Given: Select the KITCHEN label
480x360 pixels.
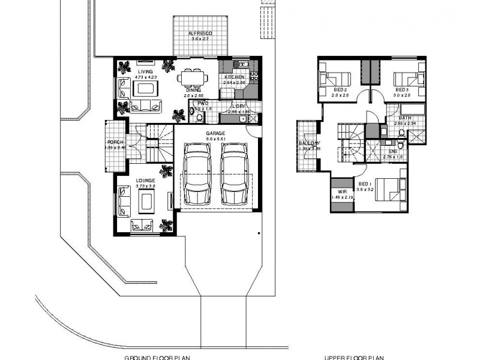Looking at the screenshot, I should (x=234, y=77).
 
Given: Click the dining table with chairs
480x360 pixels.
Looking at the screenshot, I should (x=193, y=77).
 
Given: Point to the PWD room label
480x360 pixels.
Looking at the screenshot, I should (x=203, y=103).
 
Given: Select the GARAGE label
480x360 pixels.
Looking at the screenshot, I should (x=215, y=133).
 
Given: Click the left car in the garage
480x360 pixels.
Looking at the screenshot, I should (x=196, y=174).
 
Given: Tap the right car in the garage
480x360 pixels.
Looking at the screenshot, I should (x=234, y=174).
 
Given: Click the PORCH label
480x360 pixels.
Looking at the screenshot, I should (x=115, y=142).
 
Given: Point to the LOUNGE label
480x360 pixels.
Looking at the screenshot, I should (x=146, y=180).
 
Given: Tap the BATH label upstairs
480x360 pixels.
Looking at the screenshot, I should (x=406, y=118).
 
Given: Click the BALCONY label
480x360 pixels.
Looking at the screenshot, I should (x=310, y=143).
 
